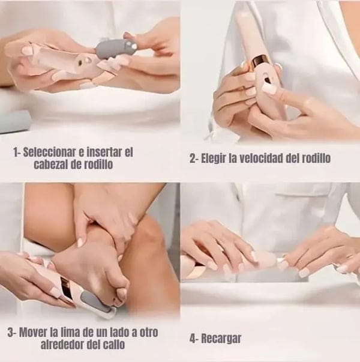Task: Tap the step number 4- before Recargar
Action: [194, 338]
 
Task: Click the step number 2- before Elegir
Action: [194, 158]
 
